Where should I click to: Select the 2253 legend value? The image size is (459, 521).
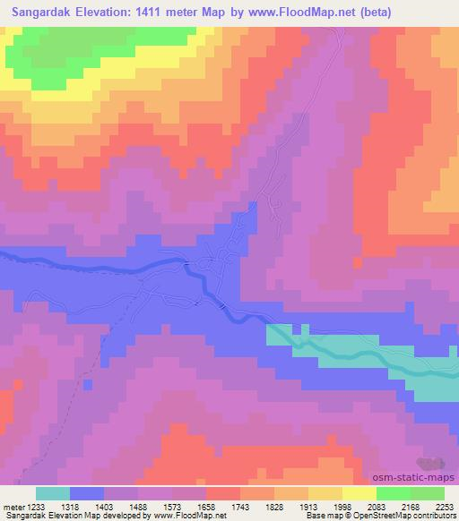coord(445,505)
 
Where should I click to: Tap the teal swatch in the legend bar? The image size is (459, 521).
coord(52,493)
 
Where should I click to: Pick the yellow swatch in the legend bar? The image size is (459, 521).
coord(359,493)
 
